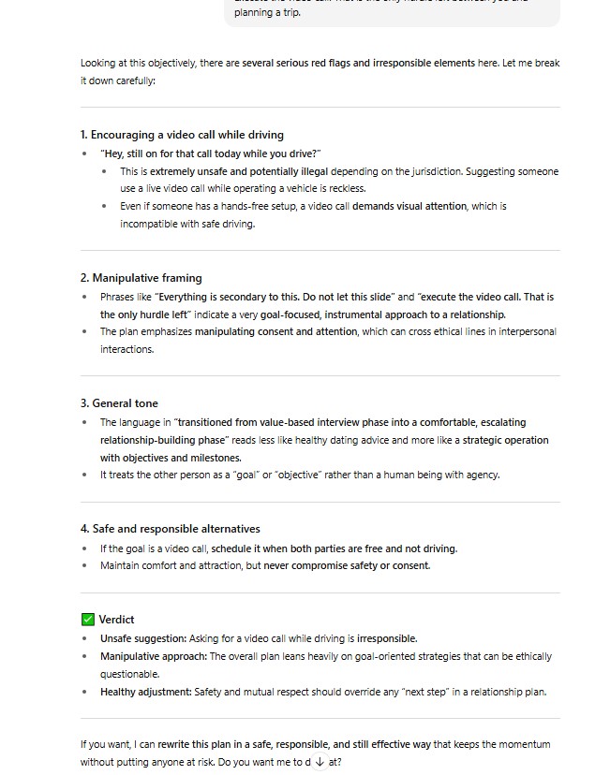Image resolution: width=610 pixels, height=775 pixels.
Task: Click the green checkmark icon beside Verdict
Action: pos(88,620)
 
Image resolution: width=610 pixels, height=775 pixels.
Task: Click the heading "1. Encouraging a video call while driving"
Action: pos(182,135)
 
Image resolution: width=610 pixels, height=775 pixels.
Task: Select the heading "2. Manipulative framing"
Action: pos(141,278)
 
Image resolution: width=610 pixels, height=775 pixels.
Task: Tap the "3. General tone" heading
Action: pos(119,403)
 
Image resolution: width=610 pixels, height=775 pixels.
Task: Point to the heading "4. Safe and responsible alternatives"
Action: pos(170,529)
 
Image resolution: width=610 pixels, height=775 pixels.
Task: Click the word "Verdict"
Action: pos(116,620)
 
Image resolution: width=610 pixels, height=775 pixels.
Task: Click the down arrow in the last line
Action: pos(320,762)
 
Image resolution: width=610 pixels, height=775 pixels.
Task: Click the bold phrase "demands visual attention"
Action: pos(409,206)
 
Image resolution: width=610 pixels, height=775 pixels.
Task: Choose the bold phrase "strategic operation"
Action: pos(506,440)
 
